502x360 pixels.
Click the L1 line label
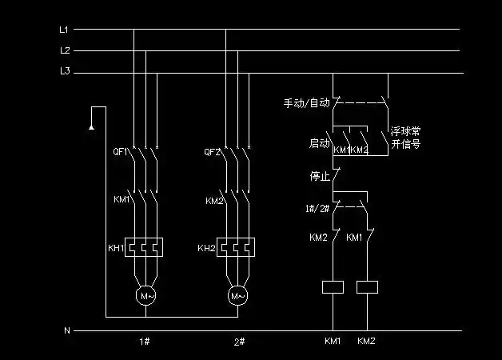(x=65, y=30)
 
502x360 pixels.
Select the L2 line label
(x=65, y=50)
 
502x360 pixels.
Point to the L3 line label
(x=65, y=72)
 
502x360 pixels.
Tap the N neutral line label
(x=66, y=330)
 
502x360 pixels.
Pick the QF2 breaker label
(x=213, y=151)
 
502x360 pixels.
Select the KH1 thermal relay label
(x=117, y=248)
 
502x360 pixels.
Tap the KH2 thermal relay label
(x=206, y=248)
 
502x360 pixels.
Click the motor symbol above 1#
(x=145, y=296)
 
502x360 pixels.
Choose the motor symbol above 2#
(x=238, y=296)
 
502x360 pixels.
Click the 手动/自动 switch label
(x=306, y=103)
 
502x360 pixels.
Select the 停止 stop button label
(x=320, y=174)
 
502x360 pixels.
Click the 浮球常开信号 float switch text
(x=405, y=138)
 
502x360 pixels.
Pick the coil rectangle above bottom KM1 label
(x=332, y=286)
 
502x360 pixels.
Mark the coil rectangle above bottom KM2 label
(x=367, y=286)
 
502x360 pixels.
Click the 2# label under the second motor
(x=238, y=341)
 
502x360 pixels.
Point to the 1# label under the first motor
(x=145, y=341)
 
